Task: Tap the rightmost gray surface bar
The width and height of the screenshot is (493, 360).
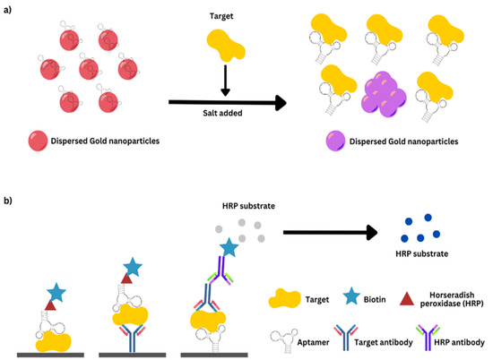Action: point(225,354)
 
